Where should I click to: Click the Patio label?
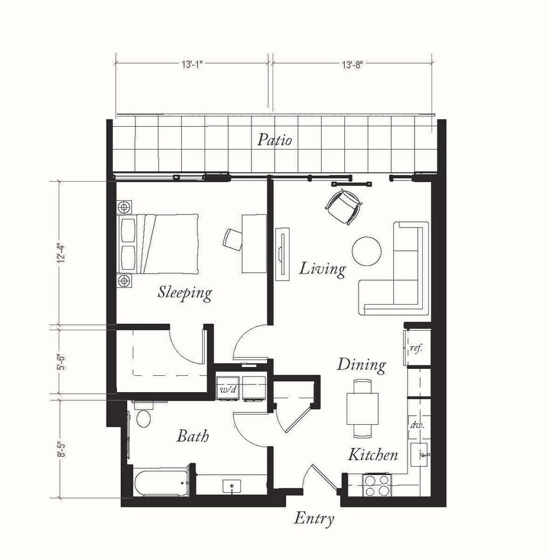275,140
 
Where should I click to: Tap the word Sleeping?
185,293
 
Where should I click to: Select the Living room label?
322,269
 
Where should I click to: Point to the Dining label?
361,365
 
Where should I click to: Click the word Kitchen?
373,455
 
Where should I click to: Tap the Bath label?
193,436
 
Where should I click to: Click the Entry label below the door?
314,518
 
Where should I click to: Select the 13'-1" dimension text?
192,65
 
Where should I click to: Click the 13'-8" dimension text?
352,65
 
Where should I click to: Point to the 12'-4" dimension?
62,253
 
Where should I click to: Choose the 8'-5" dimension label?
62,449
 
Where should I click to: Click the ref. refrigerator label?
416,348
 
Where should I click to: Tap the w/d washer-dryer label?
228,389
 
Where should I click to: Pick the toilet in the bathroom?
144,415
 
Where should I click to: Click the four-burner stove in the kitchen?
377,486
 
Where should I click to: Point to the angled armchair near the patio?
344,207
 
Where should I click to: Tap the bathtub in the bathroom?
161,482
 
